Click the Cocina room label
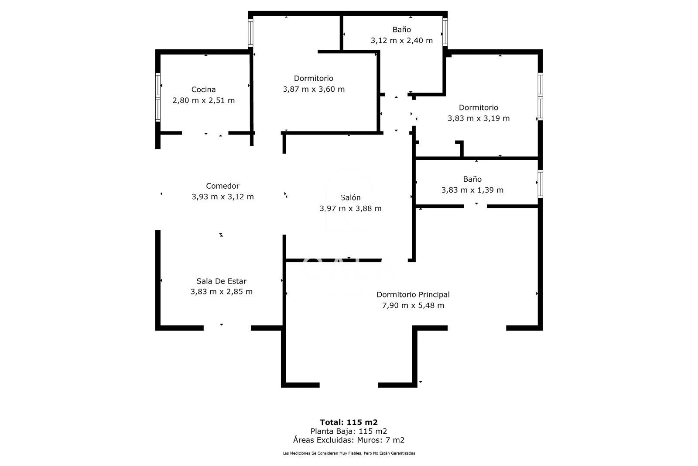coord(203,90)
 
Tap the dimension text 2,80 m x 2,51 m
coord(203,100)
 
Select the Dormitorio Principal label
coord(413,294)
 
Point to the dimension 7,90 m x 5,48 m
coord(413,305)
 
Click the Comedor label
coord(222,186)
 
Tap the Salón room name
coord(351,197)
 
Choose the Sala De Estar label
coord(221,281)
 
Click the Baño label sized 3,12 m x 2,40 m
coord(401,30)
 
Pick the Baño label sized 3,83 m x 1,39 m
coord(472,179)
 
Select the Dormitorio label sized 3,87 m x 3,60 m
coord(314,78)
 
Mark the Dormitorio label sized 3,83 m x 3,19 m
coord(478,107)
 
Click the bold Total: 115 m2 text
coord(349,422)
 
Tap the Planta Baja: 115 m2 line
coord(349,431)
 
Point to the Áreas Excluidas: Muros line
coord(349,440)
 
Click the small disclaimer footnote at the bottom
coord(349,453)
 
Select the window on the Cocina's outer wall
coord(158,97)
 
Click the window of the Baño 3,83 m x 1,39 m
coord(540,184)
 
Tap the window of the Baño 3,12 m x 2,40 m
coord(445,32)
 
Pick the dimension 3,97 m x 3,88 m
coord(351,208)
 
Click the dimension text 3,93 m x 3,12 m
coord(222,197)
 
